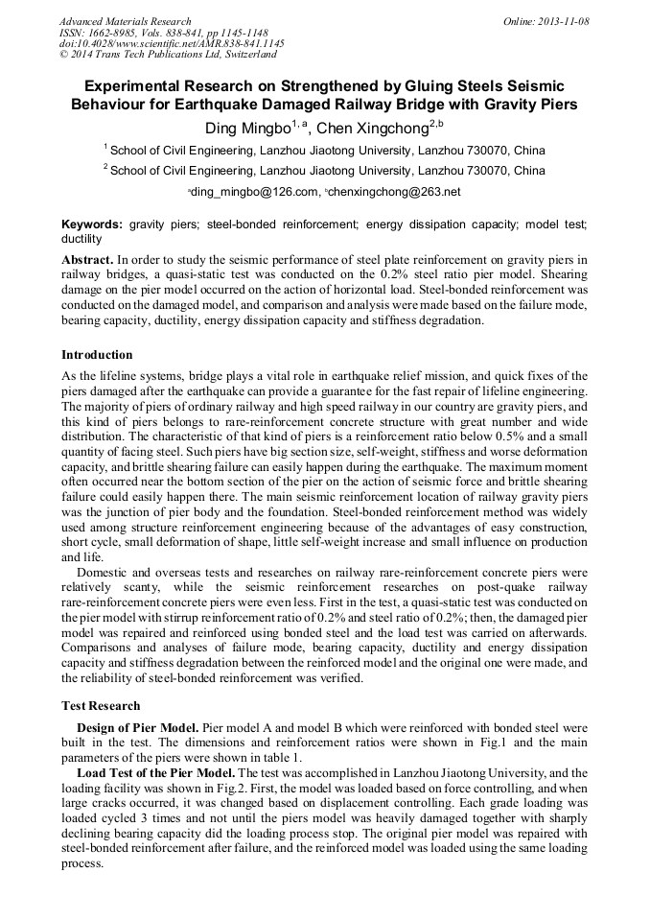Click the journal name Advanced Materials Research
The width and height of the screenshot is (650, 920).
tap(125, 21)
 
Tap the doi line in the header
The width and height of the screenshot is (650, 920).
tap(172, 44)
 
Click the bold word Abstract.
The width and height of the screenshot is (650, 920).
tap(87, 261)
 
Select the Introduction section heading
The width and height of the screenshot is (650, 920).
tap(97, 355)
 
